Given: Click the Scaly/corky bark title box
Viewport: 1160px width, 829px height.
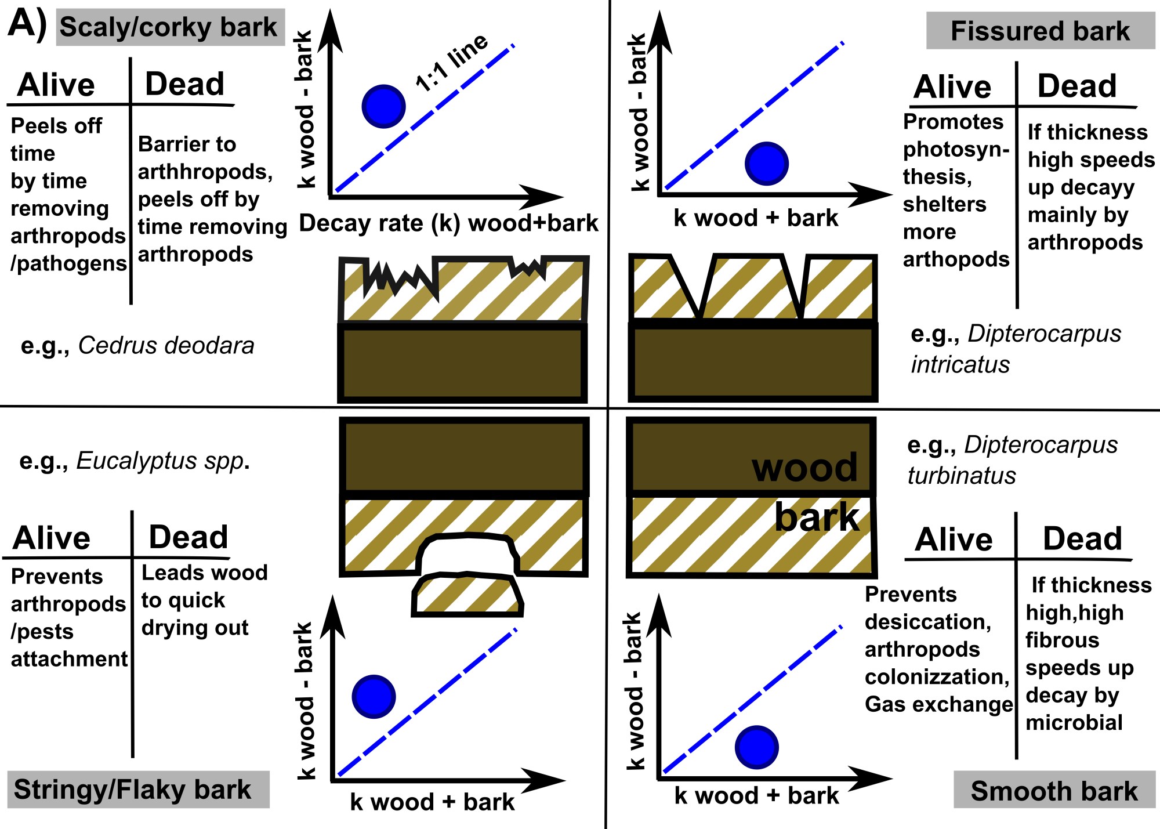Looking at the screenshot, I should (x=170, y=27).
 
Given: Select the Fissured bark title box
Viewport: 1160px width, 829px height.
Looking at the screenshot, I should (x=1040, y=31).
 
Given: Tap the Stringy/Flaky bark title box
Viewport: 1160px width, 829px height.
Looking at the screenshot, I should (x=138, y=790).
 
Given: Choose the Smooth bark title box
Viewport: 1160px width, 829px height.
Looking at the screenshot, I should (x=1054, y=791).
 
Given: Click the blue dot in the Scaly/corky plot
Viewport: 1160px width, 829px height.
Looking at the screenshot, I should (x=383, y=106).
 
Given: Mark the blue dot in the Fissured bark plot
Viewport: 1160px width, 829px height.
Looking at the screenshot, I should (x=766, y=164).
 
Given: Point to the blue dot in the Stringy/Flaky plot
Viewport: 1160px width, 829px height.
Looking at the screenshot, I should (x=374, y=696).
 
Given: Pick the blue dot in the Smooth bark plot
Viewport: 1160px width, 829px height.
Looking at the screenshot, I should (x=756, y=747).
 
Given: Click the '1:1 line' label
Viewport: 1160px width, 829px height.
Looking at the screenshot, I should (x=452, y=62).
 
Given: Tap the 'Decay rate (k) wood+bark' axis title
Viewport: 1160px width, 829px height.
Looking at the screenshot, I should (x=448, y=223).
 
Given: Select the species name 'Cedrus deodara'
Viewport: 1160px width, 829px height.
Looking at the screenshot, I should (x=166, y=346).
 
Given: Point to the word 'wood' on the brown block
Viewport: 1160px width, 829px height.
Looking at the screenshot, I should (x=804, y=467).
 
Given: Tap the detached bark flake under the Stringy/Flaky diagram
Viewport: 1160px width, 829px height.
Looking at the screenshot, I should (x=467, y=595).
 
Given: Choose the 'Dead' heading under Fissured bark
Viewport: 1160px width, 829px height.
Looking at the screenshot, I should (x=1076, y=86).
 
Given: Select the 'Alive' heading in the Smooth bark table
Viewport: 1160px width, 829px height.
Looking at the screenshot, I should (x=954, y=539).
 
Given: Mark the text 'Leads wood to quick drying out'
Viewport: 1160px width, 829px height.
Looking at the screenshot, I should (x=203, y=600).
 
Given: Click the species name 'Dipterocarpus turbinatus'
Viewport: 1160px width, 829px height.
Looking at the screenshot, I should (x=1012, y=460).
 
